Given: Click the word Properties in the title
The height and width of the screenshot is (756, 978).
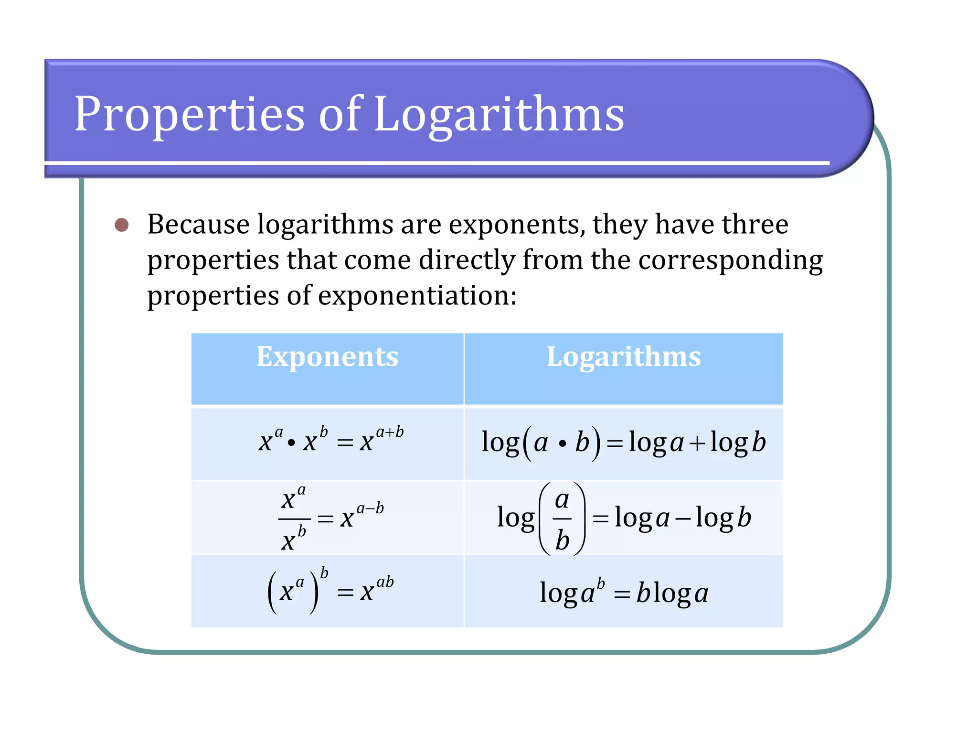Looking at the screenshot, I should (189, 115).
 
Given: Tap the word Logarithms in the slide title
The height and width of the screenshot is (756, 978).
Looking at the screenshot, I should (499, 115).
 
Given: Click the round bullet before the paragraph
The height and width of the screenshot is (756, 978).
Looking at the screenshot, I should (122, 225).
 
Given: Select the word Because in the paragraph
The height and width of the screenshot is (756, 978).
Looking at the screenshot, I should (198, 224).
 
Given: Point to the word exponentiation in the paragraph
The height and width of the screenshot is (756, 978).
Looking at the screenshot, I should (417, 295).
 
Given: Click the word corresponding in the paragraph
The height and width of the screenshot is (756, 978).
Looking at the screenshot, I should (730, 260).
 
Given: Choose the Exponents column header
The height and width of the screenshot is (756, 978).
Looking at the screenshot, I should (327, 356).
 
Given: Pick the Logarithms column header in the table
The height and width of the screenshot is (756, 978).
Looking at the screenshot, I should (624, 356).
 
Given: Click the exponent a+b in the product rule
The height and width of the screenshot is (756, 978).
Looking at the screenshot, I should (390, 432).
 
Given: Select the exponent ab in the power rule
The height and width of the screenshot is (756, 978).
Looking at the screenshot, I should (385, 582).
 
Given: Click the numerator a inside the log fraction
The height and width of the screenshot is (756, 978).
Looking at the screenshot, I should (562, 500).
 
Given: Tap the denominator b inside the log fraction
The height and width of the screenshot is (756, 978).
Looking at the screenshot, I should (562, 540).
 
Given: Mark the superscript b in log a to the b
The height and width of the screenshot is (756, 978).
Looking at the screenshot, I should (601, 583).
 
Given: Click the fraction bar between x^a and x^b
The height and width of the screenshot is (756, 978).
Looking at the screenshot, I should (294, 518).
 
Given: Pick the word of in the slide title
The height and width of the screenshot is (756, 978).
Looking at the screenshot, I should (340, 115).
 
